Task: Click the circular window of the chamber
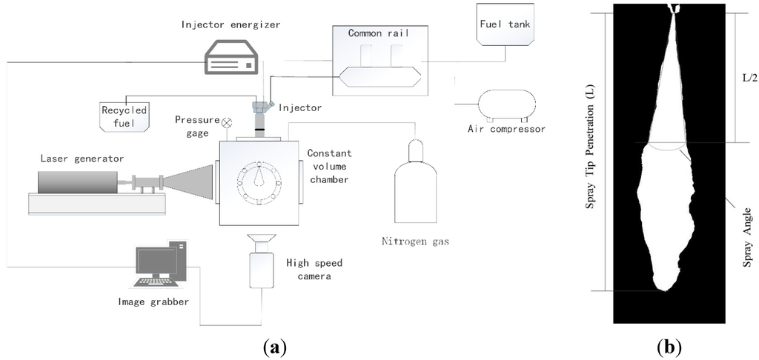click(255, 180)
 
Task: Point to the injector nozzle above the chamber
click(260, 115)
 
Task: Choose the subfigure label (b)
click(669, 346)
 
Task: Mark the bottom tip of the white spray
click(661, 290)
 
